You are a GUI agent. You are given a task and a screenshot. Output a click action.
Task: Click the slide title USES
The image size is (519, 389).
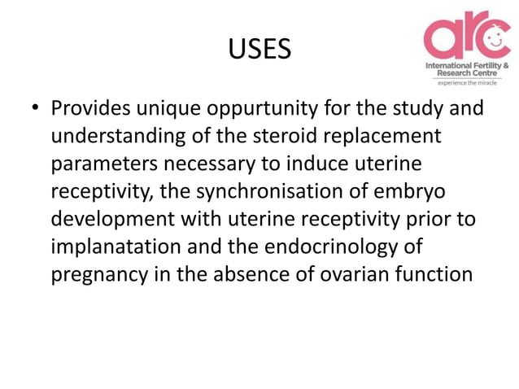click(x=259, y=50)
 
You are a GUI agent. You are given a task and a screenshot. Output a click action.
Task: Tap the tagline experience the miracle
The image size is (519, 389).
click(x=468, y=82)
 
